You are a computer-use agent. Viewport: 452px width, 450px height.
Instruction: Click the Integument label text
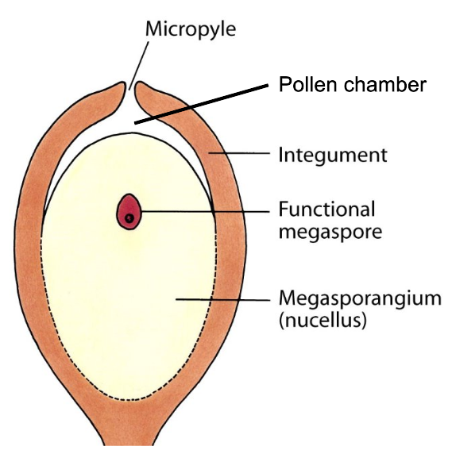pyautogui.click(x=333, y=154)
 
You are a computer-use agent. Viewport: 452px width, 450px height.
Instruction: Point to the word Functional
pyautogui.click(x=326, y=210)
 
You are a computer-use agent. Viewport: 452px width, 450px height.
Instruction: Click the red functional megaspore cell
pyautogui.click(x=129, y=211)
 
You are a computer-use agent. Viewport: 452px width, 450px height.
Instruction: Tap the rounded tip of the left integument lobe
pyautogui.click(x=121, y=86)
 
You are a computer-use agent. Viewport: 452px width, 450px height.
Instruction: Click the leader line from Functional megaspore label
pyautogui.click(x=207, y=210)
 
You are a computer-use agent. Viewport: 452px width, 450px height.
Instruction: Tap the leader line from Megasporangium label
pyautogui.click(x=222, y=299)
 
